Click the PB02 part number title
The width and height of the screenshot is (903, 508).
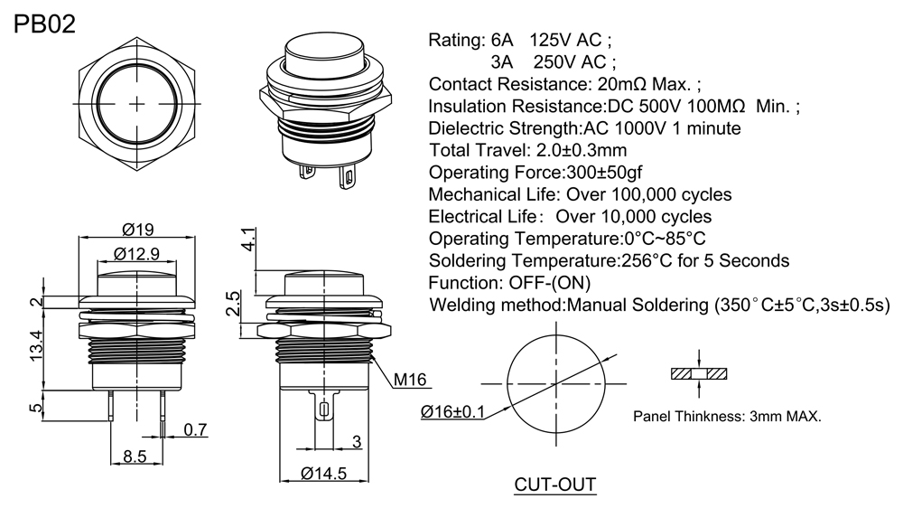[44, 23]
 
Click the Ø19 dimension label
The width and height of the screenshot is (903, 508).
[136, 230]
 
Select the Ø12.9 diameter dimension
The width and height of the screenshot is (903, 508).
[137, 255]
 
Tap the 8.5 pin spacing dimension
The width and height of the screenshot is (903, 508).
[135, 456]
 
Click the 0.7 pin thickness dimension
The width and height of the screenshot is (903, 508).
[195, 429]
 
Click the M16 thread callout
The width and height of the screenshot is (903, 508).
[409, 379]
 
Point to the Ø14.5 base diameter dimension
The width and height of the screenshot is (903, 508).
[323, 473]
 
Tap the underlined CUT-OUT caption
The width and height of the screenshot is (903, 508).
[555, 484]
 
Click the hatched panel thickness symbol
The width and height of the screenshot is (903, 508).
[700, 373]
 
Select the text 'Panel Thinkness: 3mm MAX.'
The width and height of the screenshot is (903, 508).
[727, 417]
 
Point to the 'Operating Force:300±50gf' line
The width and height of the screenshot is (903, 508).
[535, 172]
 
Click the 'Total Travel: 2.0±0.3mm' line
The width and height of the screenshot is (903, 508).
[527, 150]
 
